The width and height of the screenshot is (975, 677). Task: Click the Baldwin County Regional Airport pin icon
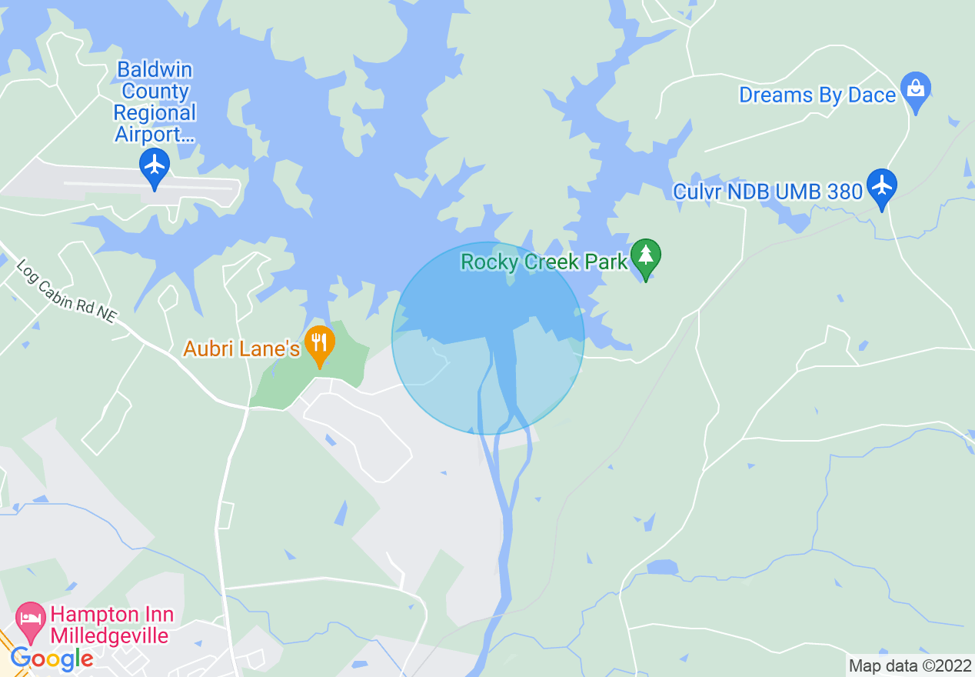coord(155,165)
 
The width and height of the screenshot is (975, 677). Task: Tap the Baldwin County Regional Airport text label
coord(155,102)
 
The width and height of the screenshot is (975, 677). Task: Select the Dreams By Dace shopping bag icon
coord(915,88)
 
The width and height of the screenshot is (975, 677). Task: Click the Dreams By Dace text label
coord(817,95)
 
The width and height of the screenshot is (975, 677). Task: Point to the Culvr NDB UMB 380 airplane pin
coord(881,186)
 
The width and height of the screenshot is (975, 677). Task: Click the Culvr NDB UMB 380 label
coord(767,192)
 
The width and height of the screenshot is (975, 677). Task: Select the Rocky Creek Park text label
coord(544,262)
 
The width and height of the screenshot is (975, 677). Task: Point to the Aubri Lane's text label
coord(241,349)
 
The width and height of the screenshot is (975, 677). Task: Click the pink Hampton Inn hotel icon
coord(31,619)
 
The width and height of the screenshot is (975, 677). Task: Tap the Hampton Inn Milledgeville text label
coord(112,625)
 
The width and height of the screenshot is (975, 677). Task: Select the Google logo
coord(52,659)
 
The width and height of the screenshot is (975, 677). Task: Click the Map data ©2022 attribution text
coord(910,665)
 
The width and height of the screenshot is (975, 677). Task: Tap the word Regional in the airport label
coord(155,113)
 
